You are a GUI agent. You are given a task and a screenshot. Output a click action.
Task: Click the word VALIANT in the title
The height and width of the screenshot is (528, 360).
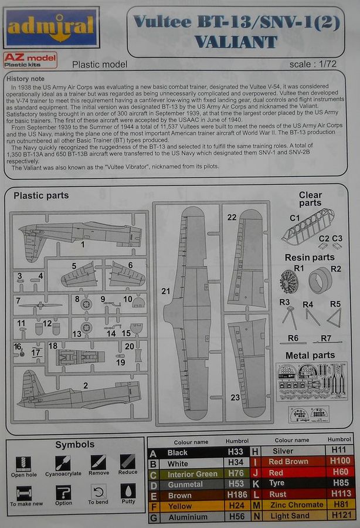coord(236,42)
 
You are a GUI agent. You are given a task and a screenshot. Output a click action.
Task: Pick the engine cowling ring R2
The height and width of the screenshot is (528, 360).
coord(321,280)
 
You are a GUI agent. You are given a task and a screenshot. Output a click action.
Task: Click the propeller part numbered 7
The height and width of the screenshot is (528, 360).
coord(40,305)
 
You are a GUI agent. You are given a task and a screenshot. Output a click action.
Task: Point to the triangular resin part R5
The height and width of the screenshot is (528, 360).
coord(334,319)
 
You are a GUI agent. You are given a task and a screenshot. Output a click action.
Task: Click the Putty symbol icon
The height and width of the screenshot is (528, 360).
coord(127,491)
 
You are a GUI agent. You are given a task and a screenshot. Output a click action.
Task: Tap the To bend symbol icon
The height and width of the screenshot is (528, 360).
coord(98,492)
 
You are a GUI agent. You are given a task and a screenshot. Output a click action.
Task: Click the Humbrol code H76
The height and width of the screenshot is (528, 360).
coord(236,474)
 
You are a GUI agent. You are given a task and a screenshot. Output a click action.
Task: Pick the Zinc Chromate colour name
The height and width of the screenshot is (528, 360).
coord(296,505)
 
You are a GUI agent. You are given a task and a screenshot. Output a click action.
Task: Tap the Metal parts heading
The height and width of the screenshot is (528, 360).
coord(310,356)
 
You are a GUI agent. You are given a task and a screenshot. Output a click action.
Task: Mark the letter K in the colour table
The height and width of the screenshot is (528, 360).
coord(256,483)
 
